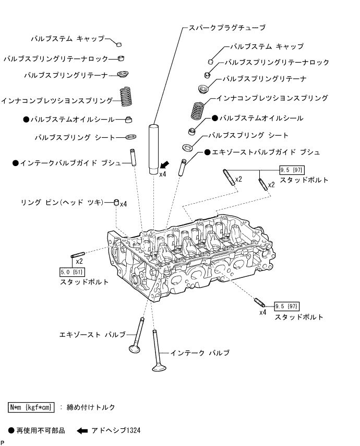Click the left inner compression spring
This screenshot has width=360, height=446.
click(125, 97)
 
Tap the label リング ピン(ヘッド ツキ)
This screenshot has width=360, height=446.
click(67, 202)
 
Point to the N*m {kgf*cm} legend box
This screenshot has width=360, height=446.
click(32, 406)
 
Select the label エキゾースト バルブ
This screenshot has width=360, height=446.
click(92, 333)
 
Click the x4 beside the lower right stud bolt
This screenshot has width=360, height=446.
click(262, 312)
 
